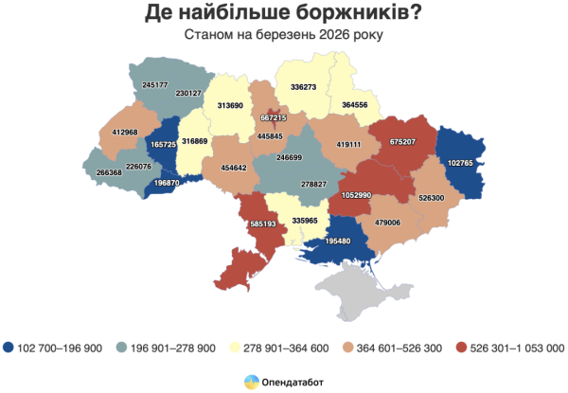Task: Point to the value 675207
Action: [401, 141]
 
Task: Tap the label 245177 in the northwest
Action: [155, 85]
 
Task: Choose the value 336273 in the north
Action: [304, 86]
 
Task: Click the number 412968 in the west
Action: [125, 132]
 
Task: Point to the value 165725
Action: [164, 145]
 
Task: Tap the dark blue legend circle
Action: [9, 347]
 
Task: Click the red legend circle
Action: [461, 347]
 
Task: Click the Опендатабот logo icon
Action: [251, 381]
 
